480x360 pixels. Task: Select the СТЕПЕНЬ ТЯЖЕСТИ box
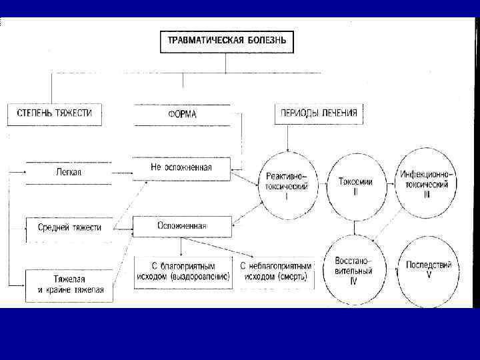click(59, 113)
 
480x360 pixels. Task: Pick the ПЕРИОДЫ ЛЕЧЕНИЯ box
click(318, 113)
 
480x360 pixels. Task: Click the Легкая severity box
click(69, 172)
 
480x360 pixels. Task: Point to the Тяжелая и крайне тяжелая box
click(69, 285)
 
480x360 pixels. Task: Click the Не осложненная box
click(181, 167)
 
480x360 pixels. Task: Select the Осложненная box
click(182, 226)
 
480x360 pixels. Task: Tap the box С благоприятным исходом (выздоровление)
click(183, 271)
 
